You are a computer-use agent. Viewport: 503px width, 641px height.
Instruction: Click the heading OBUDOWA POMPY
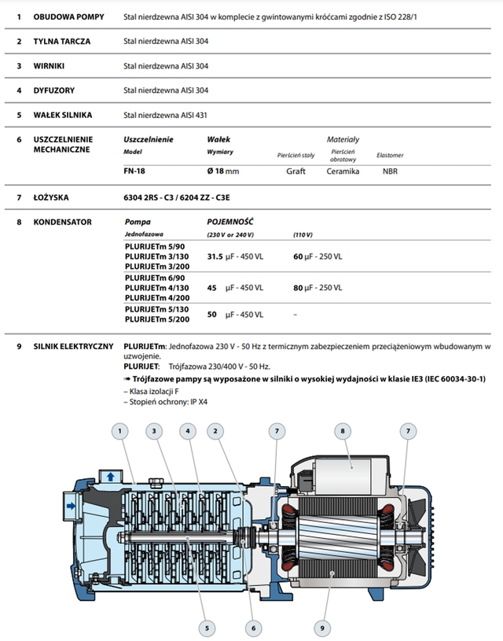point(67,16)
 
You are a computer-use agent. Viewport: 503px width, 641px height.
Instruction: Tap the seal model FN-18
point(135,170)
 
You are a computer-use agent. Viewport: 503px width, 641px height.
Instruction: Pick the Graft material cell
point(296,170)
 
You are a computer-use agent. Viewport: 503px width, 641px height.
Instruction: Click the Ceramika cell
point(343,170)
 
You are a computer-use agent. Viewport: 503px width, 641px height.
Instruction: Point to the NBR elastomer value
point(390,170)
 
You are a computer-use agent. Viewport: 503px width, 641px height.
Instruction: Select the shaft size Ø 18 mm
point(222,170)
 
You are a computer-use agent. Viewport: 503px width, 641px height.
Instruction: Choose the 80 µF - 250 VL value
point(318,289)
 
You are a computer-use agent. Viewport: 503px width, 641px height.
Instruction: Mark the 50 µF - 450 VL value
point(235,315)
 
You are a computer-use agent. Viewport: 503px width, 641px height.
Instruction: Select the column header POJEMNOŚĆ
point(229,222)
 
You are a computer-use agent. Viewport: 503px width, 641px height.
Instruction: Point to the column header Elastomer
point(390,155)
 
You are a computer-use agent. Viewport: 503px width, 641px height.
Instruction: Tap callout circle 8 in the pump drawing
point(342,430)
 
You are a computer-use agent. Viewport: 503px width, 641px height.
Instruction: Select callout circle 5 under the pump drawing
point(207,627)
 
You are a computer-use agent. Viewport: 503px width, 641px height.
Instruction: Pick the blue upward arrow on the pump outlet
point(110,476)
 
